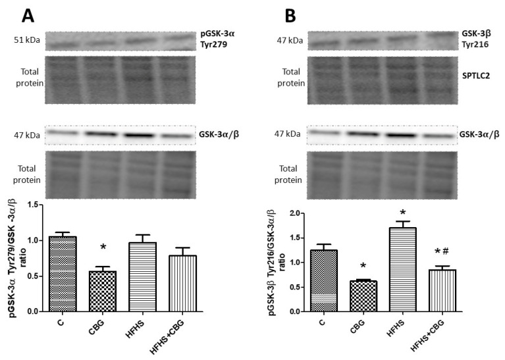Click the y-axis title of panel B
pos(272,262)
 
